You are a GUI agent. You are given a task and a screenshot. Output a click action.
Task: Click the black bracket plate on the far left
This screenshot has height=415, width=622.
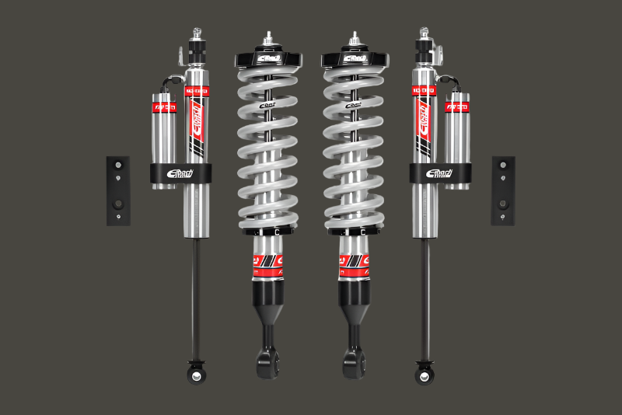pos(118,190)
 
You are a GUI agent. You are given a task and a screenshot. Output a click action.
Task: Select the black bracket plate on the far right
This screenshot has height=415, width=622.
pos(503,190)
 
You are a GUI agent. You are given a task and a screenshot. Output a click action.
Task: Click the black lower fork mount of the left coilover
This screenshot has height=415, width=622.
pos(266,354)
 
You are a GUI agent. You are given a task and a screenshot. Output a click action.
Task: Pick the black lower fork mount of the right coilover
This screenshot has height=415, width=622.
pos(355,354)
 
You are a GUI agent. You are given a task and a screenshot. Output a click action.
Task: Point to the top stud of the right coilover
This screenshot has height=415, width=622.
pos(355,38)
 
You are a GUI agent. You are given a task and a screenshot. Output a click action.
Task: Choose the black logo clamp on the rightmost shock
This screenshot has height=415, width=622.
pos(441,175)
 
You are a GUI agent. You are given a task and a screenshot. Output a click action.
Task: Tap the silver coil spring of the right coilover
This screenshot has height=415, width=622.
pos(355,148)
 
